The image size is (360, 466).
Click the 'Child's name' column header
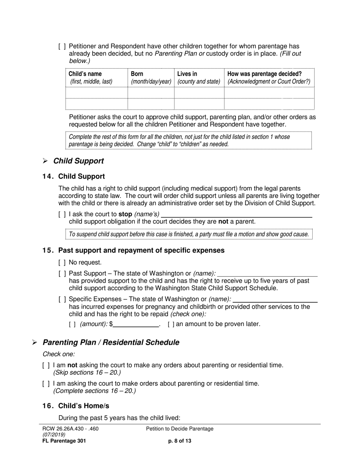[85, 74]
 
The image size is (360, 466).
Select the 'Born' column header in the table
[137, 74]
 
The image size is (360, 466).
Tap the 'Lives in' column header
[187, 74]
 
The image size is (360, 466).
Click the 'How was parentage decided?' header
[265, 74]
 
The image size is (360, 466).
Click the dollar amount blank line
[136, 324]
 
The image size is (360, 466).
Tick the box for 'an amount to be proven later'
[171, 324]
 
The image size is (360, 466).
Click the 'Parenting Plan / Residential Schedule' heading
[111, 342]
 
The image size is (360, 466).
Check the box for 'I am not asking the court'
[46, 365]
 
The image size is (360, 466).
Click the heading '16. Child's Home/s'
[76, 406]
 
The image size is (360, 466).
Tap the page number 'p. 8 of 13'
[180, 441]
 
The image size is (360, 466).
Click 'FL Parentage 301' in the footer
[64, 441]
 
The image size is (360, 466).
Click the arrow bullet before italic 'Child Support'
[45, 161]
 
